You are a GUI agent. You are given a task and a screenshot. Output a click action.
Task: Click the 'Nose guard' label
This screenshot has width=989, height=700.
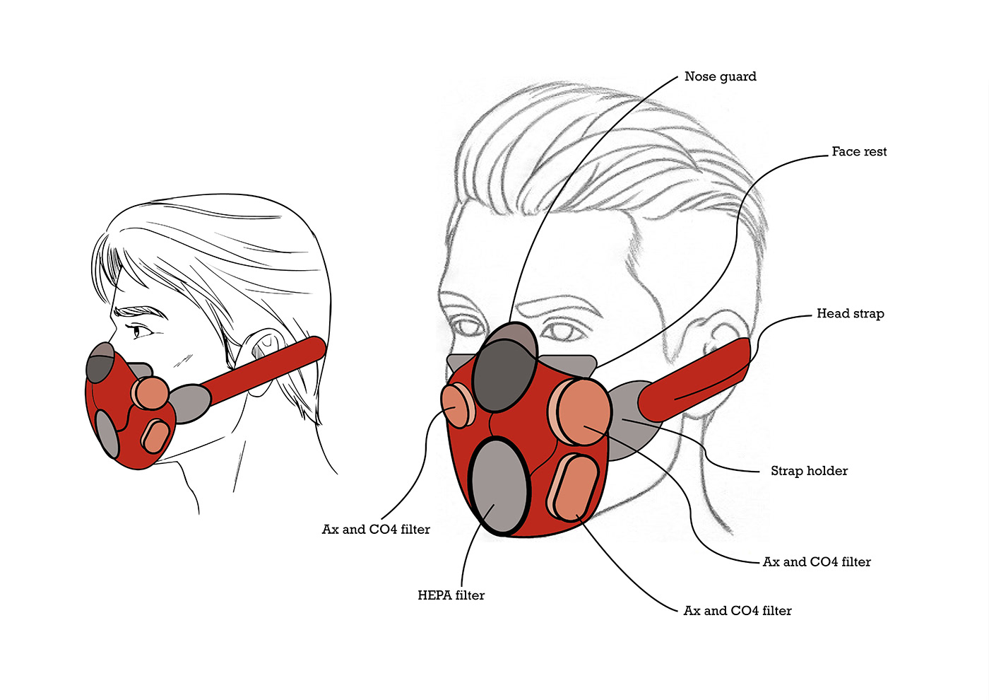tap(720, 76)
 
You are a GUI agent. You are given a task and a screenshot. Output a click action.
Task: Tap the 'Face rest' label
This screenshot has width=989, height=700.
tap(858, 151)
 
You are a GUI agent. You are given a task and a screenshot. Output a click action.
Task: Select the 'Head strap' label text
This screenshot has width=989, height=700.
tap(850, 313)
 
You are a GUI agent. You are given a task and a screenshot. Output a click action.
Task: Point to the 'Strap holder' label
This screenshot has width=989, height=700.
tap(809, 471)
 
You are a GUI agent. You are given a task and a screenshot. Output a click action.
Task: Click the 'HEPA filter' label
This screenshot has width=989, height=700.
tap(451, 595)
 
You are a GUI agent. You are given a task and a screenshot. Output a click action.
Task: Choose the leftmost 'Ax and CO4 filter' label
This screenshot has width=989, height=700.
tap(376, 530)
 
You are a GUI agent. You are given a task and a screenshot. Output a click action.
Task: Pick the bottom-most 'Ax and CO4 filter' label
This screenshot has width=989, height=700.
tap(738, 611)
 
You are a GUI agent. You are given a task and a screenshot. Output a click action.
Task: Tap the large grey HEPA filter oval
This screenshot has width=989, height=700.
tap(499, 488)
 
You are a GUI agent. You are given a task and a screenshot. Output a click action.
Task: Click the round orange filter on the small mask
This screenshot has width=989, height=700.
tap(151, 393)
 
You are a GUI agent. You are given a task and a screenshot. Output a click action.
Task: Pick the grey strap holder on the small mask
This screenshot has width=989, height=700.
tap(189, 403)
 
